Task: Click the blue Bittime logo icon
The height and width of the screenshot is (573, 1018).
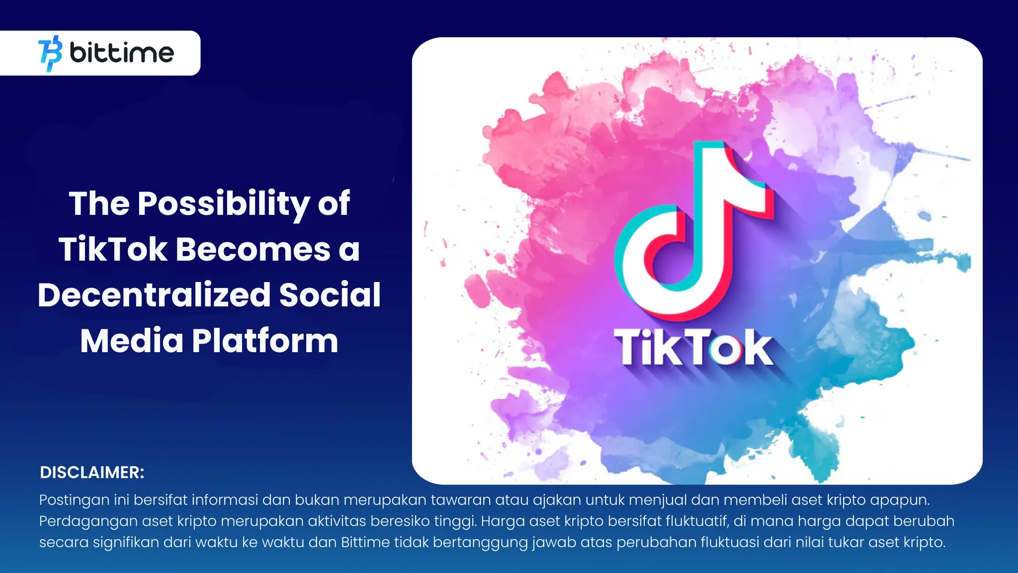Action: (50, 53)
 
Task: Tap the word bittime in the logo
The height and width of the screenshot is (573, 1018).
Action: (122, 53)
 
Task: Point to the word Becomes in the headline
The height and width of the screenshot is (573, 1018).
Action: (253, 249)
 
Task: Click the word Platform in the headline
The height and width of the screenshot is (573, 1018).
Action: (265, 341)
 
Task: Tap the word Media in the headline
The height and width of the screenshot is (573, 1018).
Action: (132, 341)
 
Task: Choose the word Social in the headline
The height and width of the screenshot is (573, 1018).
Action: (330, 295)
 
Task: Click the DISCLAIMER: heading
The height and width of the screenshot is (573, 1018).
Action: (92, 473)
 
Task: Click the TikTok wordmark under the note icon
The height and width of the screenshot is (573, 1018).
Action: (694, 348)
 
